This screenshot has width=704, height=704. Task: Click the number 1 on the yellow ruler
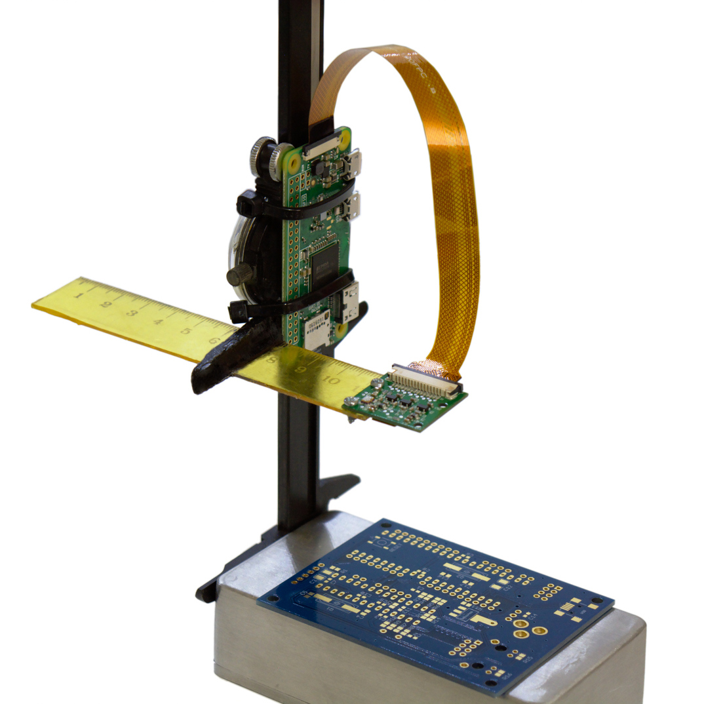coord(79,295)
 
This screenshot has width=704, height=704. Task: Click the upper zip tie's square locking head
coord(247,206)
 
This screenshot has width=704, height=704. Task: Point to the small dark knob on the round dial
coord(239,275)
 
